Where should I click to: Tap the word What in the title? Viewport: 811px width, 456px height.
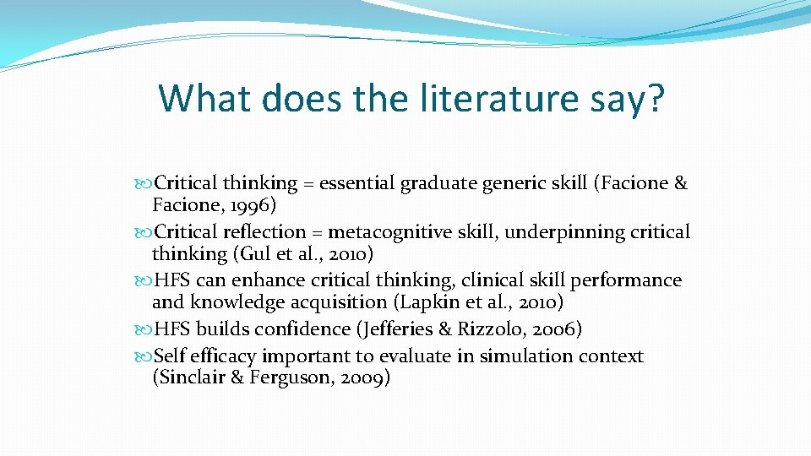tap(204, 98)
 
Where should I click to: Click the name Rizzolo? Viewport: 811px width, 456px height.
tap(489, 329)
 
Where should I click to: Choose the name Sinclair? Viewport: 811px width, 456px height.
tap(193, 378)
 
